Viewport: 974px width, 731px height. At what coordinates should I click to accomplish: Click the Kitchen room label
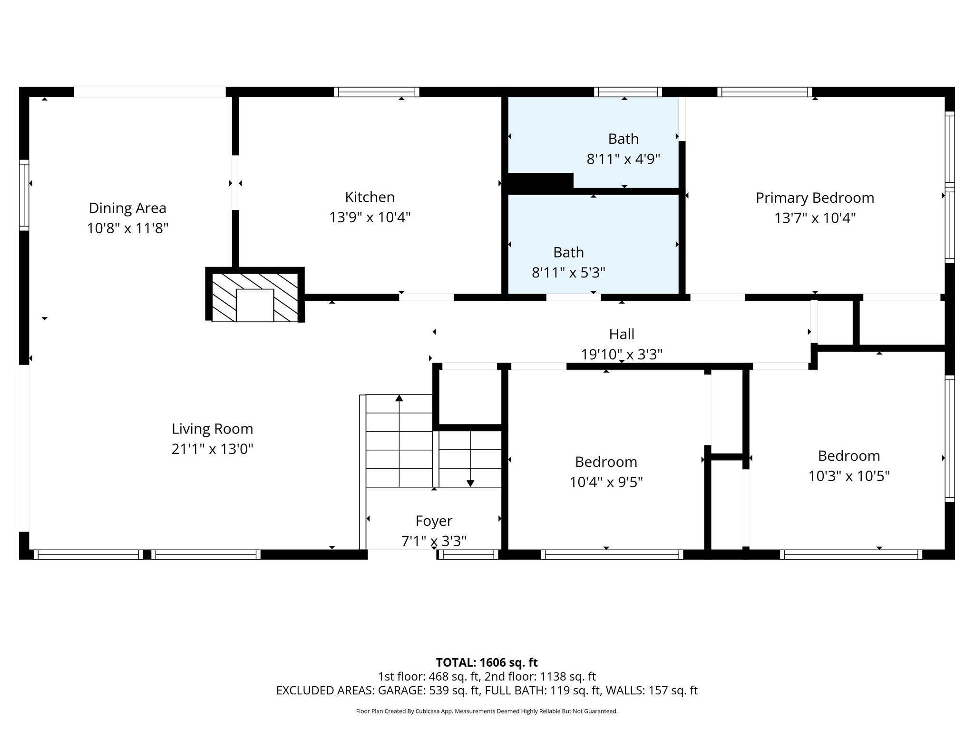[370, 197]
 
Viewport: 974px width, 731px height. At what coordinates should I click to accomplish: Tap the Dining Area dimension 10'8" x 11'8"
[127, 228]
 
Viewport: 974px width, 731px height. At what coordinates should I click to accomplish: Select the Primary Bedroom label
[815, 198]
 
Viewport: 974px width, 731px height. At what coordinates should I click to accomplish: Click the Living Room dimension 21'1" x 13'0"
[212, 449]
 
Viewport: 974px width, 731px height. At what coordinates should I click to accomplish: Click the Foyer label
[434, 521]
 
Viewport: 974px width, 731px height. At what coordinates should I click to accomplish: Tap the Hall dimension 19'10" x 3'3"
[622, 355]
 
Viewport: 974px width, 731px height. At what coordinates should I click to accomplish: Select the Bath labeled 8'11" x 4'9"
[623, 139]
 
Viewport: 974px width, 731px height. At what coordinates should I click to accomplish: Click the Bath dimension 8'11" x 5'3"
[568, 273]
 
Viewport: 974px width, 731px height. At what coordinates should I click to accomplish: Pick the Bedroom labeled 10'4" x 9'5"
[606, 462]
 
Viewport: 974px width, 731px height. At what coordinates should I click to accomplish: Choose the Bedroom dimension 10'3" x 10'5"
[849, 476]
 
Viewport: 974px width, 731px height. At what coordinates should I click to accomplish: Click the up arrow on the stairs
[399, 398]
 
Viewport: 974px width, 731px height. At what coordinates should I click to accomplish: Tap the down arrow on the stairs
[470, 483]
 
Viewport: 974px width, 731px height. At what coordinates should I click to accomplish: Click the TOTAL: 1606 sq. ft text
[487, 662]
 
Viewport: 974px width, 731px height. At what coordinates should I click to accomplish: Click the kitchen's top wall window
[376, 92]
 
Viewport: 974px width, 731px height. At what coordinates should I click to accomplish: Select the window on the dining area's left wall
[24, 195]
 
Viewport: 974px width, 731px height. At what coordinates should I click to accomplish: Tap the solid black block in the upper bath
[540, 182]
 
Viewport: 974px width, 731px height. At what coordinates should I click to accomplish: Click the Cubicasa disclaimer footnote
[487, 711]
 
